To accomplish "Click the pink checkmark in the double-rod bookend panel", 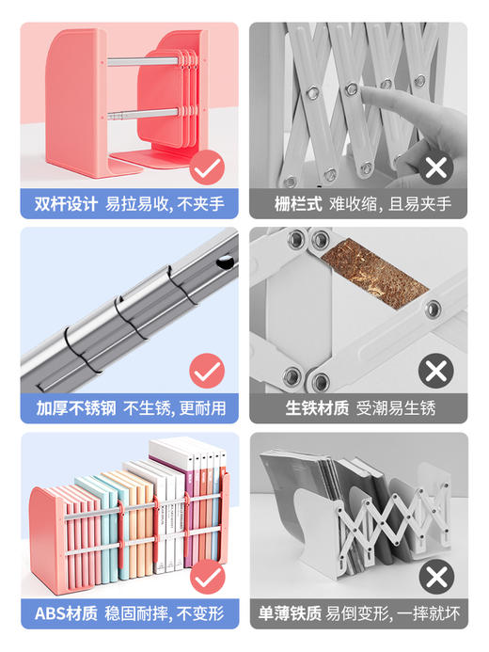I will [x=206, y=169].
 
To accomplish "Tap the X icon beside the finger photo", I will [x=435, y=169].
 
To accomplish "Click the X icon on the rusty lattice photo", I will [x=435, y=373].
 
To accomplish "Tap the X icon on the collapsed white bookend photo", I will [x=435, y=577].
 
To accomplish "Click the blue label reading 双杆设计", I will [x=66, y=204].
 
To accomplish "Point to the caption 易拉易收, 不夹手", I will [x=165, y=204].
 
